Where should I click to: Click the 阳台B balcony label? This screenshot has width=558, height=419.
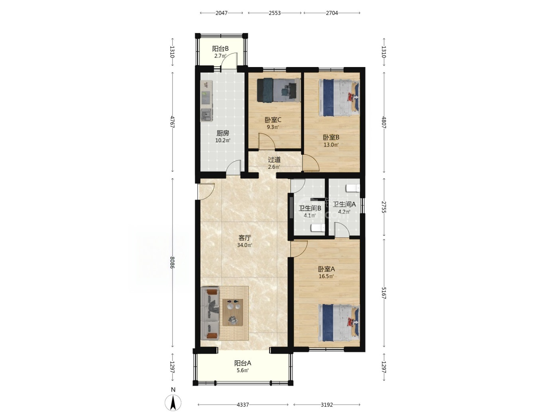click(220, 48)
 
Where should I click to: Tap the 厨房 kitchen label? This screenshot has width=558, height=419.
click(223, 133)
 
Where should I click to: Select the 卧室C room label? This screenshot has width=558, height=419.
click(273, 120)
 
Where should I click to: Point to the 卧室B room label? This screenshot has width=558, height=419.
click(331, 137)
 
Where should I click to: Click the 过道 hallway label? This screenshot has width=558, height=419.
click(274, 160)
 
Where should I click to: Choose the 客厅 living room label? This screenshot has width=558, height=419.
click(245, 237)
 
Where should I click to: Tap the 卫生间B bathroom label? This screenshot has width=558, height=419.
click(310, 208)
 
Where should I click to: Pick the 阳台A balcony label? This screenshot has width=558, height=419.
click(242, 363)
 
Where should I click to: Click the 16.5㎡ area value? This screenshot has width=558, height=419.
click(326, 276)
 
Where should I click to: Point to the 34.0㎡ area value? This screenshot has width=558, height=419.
click(245, 245)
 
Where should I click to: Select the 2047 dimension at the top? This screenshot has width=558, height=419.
click(222, 13)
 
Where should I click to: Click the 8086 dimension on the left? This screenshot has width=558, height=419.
click(172, 263)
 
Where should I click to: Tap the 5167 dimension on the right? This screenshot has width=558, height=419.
click(384, 293)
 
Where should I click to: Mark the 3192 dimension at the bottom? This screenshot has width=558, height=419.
click(327, 405)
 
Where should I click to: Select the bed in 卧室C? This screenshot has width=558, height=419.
click(278, 90)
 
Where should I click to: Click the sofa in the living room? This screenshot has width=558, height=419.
click(210, 313)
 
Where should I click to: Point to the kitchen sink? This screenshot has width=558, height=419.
click(206, 115)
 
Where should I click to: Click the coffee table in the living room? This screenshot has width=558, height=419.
click(233, 312)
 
